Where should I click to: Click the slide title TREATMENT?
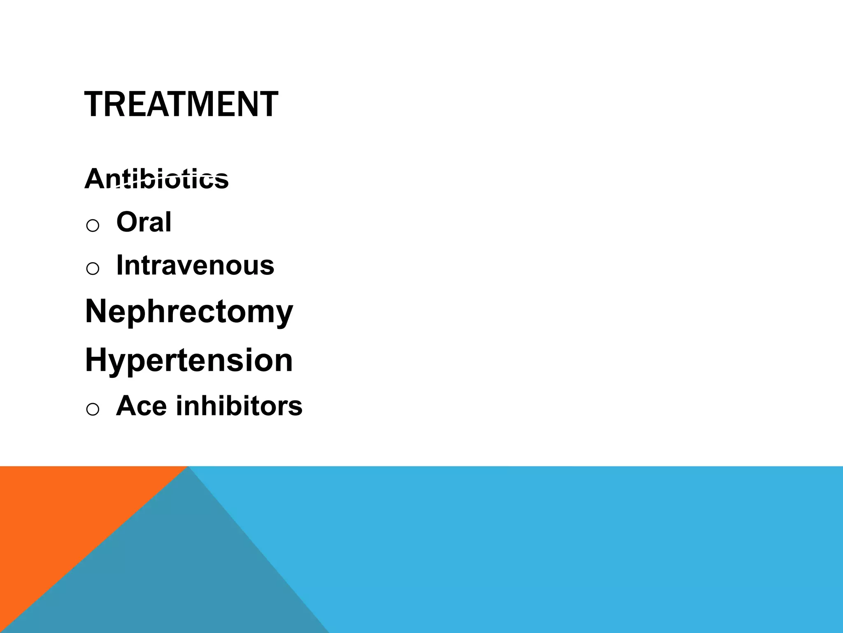(x=181, y=105)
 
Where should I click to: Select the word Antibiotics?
(x=156, y=179)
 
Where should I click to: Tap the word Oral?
(x=144, y=222)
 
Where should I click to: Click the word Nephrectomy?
(x=189, y=312)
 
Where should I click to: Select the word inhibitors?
(x=239, y=406)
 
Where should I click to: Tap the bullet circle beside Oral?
(x=93, y=225)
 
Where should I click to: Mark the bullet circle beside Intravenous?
(x=93, y=269)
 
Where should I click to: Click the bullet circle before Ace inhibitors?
(x=93, y=409)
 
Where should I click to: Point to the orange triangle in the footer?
(x=62, y=515)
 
